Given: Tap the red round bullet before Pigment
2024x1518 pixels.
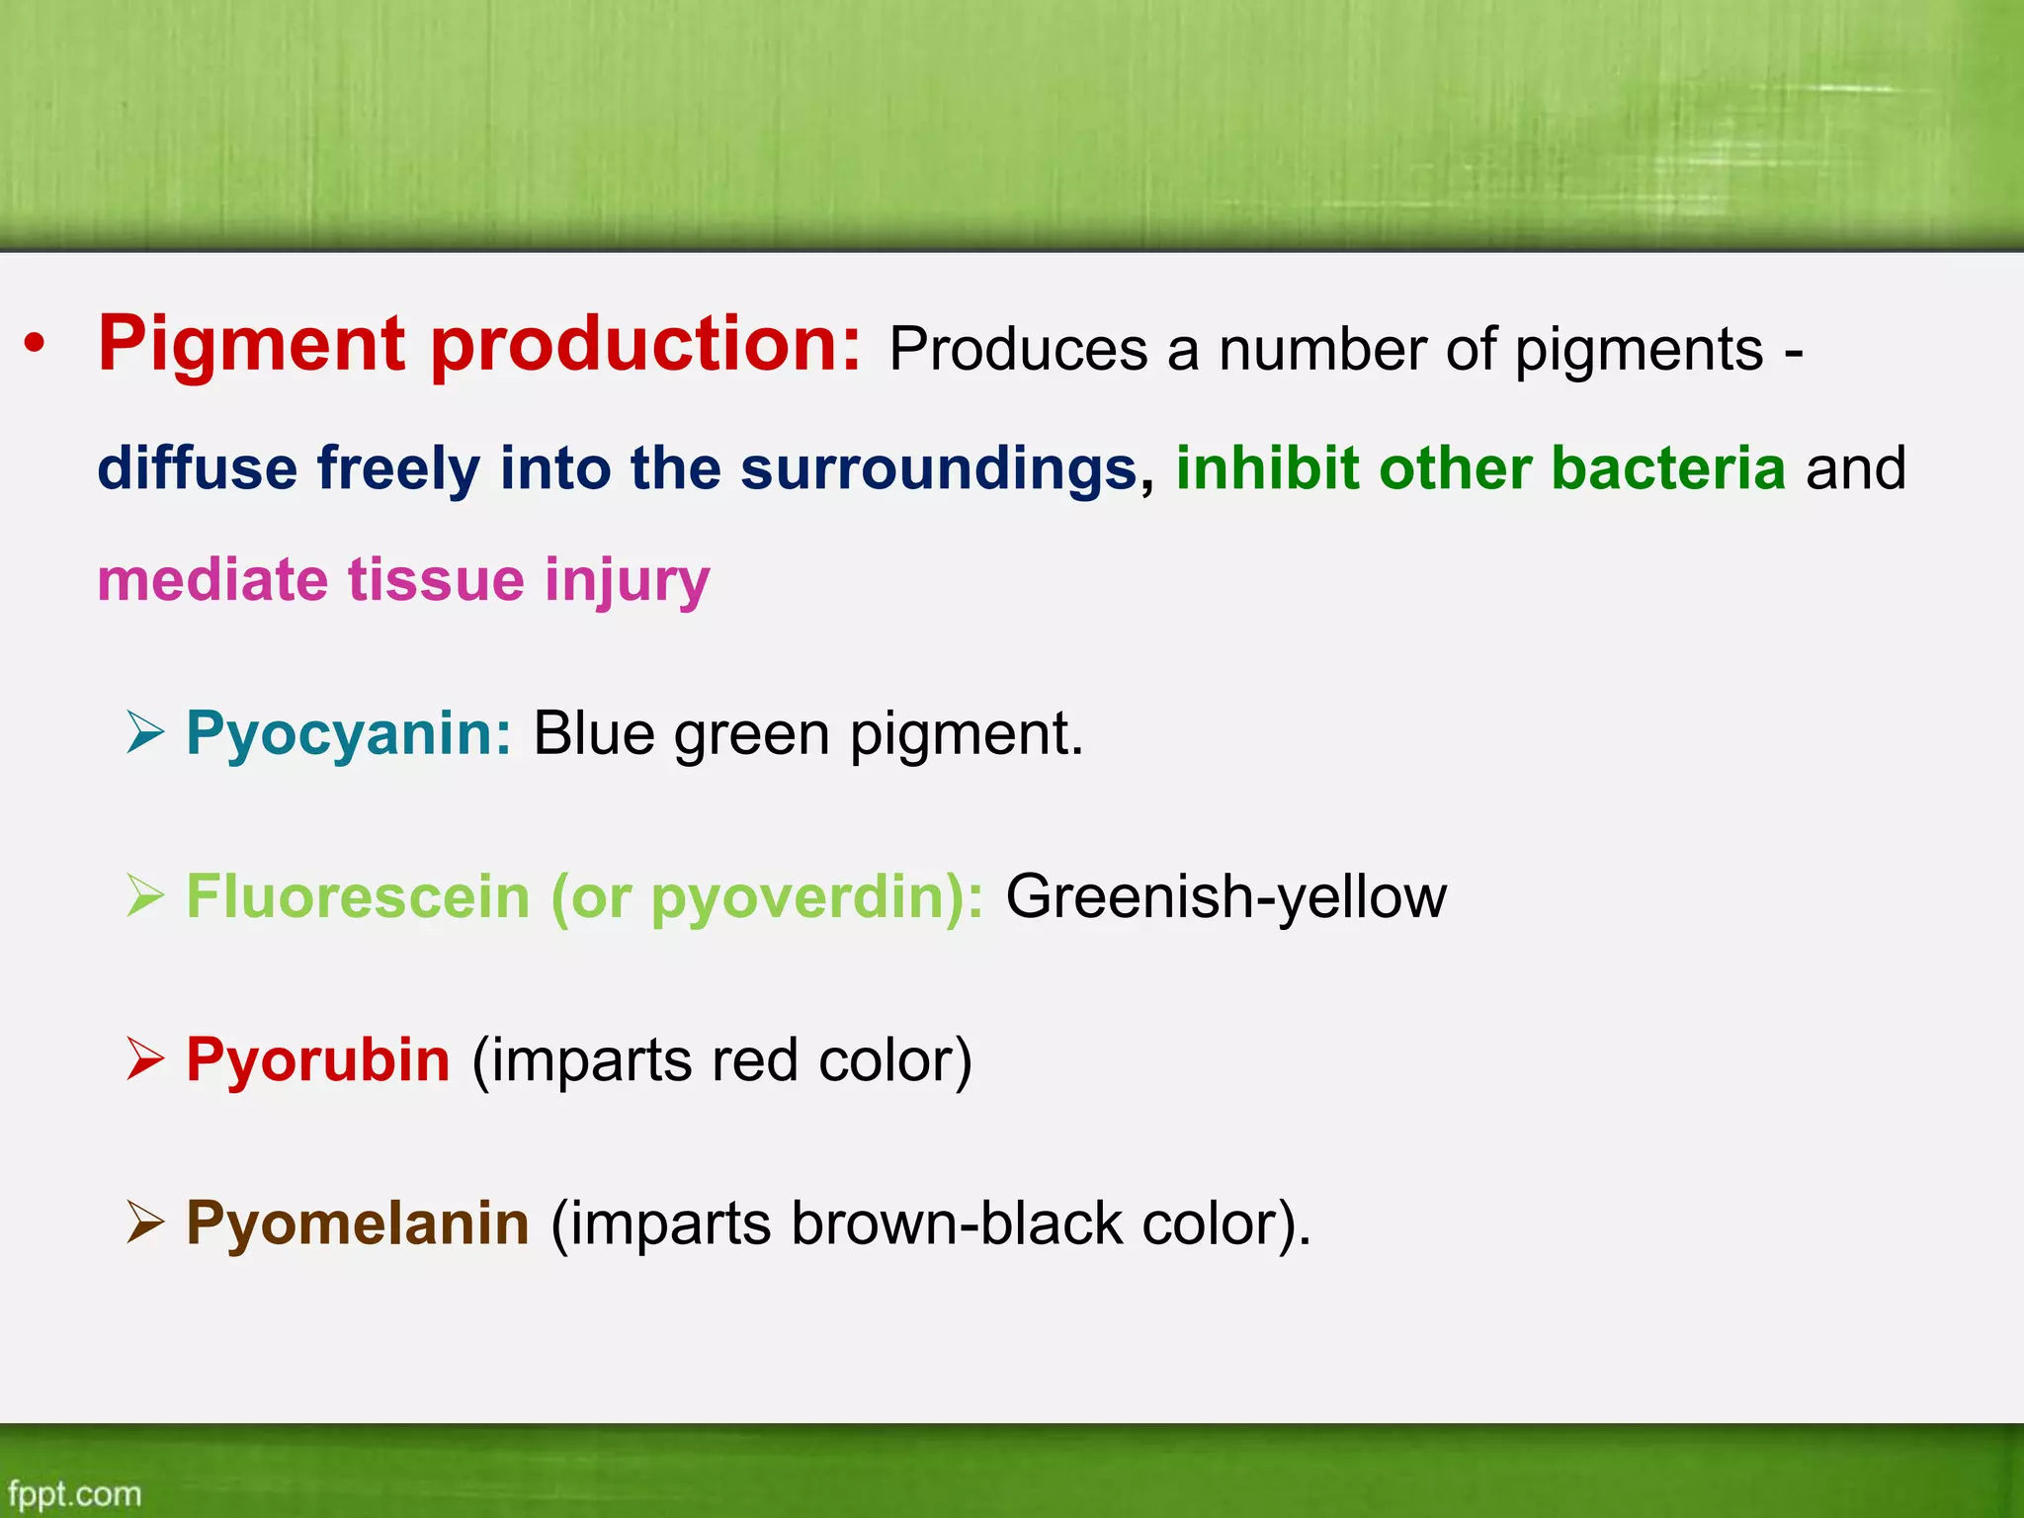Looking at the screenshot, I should [x=36, y=345].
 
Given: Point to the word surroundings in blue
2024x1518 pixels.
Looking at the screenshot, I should [x=939, y=467].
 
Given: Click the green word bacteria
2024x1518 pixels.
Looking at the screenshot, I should [x=1668, y=467].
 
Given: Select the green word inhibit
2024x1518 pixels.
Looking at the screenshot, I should [x=1267, y=467].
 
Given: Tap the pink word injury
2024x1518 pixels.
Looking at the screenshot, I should [x=627, y=581].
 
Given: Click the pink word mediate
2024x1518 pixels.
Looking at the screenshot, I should [x=211, y=580].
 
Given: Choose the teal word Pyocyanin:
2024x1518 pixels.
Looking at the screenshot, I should [x=349, y=734].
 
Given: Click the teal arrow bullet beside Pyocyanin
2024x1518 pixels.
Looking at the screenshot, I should [x=145, y=733].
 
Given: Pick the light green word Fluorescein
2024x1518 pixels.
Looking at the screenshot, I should [x=358, y=896].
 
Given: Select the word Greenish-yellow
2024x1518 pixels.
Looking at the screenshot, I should [x=1225, y=897].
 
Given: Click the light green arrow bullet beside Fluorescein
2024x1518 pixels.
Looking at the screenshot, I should [x=145, y=896].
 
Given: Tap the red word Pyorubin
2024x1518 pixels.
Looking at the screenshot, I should [x=318, y=1059].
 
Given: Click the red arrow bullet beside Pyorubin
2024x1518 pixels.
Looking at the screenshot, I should [x=145, y=1059].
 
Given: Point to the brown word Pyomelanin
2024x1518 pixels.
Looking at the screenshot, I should [x=358, y=1223].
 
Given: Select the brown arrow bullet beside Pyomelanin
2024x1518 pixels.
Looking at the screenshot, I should [x=145, y=1223].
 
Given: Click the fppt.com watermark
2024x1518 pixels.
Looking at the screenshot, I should [x=75, y=1493].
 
